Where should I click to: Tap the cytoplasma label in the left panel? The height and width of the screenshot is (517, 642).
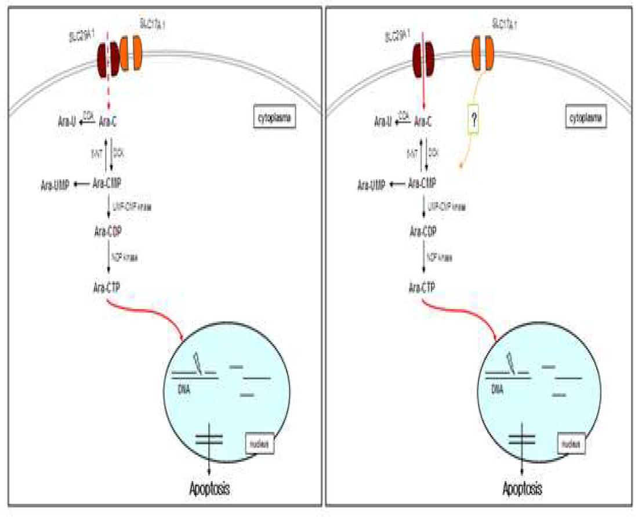(x=274, y=119)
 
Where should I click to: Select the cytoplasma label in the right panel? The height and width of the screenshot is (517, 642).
(x=586, y=119)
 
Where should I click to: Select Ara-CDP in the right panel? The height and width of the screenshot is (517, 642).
(x=423, y=231)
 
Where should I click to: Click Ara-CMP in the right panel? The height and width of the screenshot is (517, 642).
(x=423, y=184)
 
